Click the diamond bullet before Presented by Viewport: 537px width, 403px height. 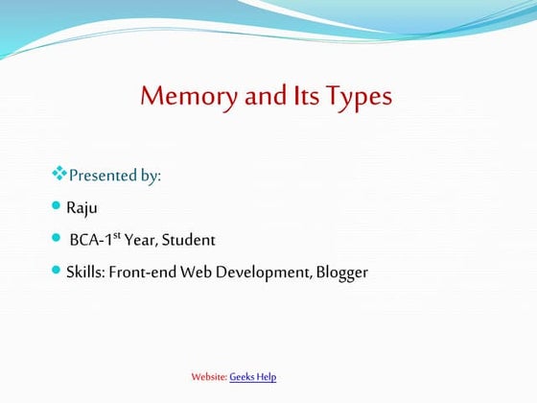pos(58,175)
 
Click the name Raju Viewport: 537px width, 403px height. pos(82,207)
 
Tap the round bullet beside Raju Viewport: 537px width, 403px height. pos(56,206)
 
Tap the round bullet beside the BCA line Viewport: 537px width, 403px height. pos(56,238)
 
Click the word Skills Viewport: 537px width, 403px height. pos(84,273)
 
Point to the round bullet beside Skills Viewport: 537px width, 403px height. pos(56,272)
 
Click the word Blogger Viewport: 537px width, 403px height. pos(341,273)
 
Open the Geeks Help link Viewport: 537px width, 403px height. pos(253,377)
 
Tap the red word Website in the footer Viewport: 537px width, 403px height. pos(209,377)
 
